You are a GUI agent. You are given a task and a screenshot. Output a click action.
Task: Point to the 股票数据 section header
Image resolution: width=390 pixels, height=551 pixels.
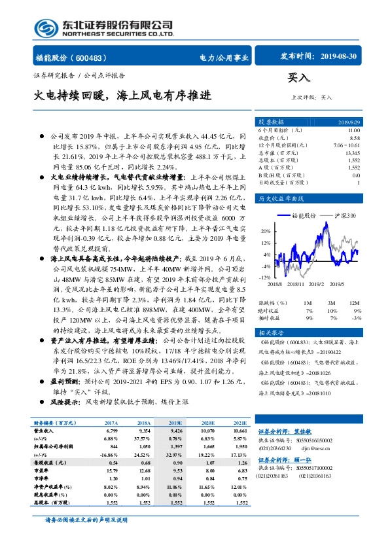click(x=270, y=122)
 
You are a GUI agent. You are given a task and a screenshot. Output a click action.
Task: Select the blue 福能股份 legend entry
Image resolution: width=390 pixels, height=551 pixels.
click(x=302, y=215)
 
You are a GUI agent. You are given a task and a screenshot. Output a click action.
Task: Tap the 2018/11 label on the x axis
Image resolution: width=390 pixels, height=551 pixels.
click(x=295, y=284)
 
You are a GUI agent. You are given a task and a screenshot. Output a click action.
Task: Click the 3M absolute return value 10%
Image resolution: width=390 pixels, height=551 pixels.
click(x=331, y=310)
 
